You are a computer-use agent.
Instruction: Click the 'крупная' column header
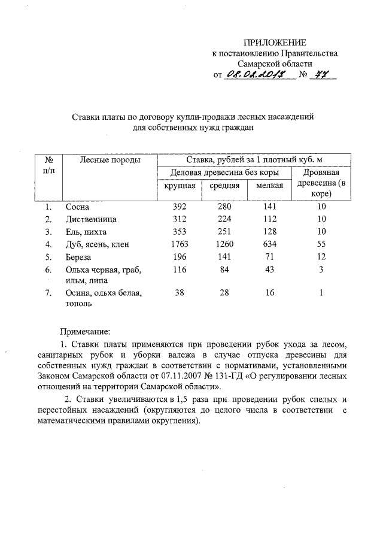180,186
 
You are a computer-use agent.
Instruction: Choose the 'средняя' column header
225,186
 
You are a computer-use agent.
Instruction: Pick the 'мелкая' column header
269,186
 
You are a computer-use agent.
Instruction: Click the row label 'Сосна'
77,207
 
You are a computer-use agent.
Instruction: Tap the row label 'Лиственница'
91,219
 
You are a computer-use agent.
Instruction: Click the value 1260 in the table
225,244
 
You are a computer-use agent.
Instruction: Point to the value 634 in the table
269,244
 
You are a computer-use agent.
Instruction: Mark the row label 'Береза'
79,257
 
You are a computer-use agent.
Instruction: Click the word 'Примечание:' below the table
85,331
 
